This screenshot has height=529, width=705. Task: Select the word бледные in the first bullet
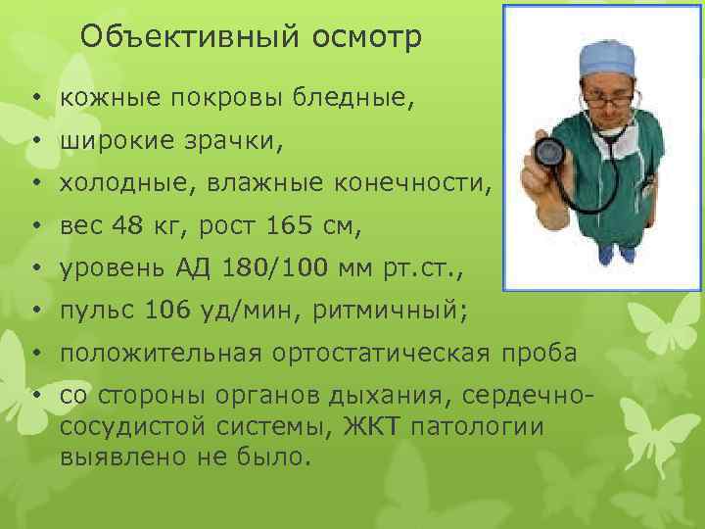coord(345,98)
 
